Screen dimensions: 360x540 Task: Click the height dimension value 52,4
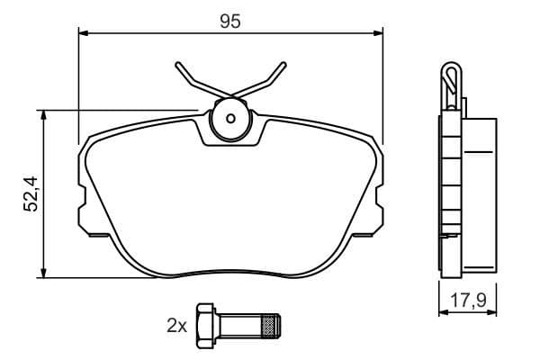(31, 193)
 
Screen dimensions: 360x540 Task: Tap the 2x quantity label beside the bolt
(175, 325)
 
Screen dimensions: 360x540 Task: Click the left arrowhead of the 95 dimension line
(85, 33)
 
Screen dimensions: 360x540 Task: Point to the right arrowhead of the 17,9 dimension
(494, 312)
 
